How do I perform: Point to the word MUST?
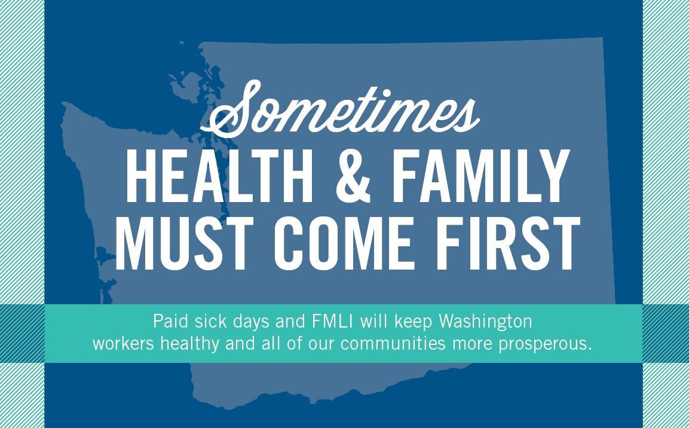coord(185,243)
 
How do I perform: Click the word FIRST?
coord(507,243)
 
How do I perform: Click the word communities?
coord(393,343)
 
